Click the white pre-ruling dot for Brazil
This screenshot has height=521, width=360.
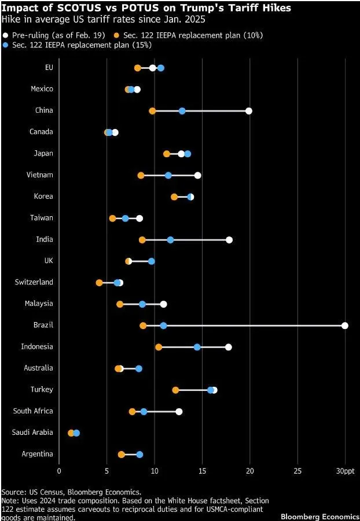(x=345, y=326)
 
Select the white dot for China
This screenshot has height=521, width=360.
(x=249, y=111)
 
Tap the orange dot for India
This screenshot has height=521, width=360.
(x=142, y=239)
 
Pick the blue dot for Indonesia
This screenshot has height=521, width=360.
(x=197, y=347)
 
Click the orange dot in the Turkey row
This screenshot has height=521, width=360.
(x=175, y=390)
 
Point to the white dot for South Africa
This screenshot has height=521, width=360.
(x=179, y=412)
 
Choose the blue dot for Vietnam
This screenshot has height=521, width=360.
(x=168, y=175)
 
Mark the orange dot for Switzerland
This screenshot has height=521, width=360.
(x=99, y=283)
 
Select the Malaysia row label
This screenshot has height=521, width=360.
(x=39, y=304)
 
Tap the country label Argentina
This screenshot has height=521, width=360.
(x=37, y=454)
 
